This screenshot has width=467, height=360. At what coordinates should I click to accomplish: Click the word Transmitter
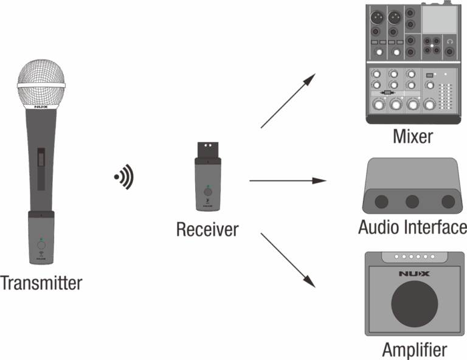coord(42,283)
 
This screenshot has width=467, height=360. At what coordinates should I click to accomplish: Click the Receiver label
coord(207,229)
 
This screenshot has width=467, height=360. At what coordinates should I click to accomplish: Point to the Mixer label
coord(412,136)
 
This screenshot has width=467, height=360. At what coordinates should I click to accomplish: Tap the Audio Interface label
coord(412,227)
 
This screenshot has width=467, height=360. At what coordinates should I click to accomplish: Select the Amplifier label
coord(414,350)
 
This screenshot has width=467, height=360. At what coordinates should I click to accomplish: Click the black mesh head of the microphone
coord(41,71)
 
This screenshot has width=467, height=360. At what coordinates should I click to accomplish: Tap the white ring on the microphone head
coord(41,85)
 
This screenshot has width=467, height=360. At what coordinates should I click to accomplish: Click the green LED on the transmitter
coord(41,240)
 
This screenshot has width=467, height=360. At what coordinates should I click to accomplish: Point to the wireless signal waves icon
coord(125,176)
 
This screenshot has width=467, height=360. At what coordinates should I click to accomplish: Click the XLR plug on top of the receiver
coord(207,148)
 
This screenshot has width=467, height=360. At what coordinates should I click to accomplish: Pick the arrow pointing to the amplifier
coord(286,258)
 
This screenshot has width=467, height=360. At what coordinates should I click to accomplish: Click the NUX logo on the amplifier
coord(414,274)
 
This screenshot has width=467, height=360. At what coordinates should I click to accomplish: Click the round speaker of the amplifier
coord(414,303)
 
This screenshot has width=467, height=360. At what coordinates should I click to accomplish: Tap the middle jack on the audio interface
coord(413,201)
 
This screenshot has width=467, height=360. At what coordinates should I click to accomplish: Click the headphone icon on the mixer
coord(449,41)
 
